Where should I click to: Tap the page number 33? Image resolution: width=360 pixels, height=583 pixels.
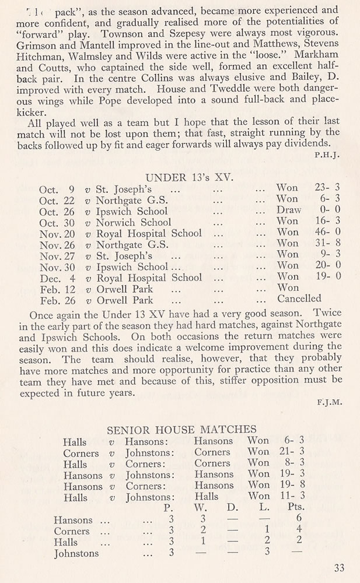(x=340, y=568)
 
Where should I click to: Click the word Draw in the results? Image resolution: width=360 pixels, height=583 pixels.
(x=289, y=210)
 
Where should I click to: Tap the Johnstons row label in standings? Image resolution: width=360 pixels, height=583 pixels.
(x=78, y=553)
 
